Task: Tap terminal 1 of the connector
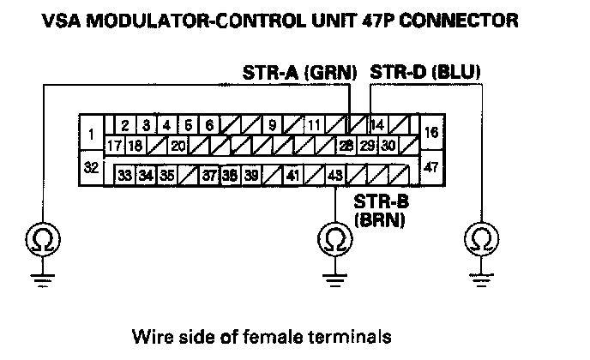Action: (x=91, y=133)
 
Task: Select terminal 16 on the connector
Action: (x=432, y=133)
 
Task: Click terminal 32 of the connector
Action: (x=91, y=166)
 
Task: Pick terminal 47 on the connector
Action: (x=432, y=166)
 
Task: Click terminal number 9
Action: (x=272, y=125)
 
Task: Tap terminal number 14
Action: (x=377, y=125)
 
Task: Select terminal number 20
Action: (x=178, y=146)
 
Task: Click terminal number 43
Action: (x=335, y=175)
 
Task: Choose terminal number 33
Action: (x=125, y=175)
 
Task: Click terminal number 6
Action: (x=208, y=125)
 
